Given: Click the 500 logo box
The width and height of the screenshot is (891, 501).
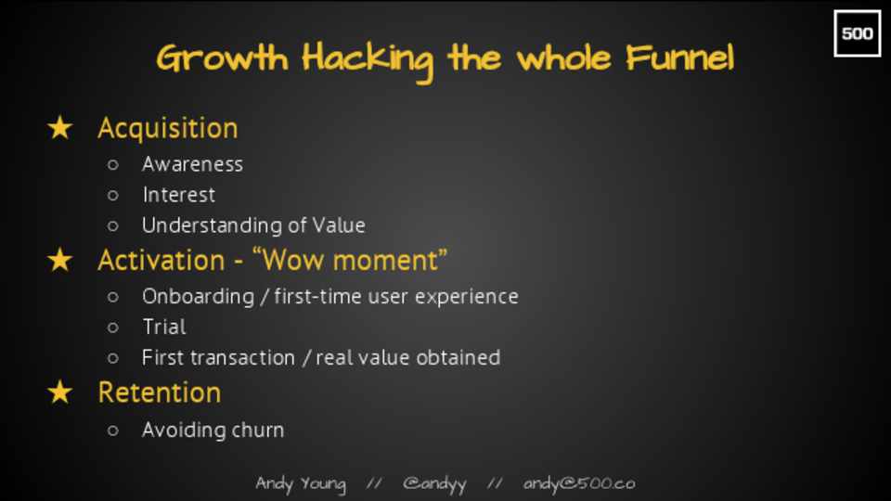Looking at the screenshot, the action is pos(857,33).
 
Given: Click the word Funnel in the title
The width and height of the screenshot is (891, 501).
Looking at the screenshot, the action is pos(679,58).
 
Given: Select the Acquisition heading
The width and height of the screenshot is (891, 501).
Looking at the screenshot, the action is pos(168,128).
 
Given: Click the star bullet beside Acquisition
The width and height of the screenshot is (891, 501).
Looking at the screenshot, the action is pos(60,128).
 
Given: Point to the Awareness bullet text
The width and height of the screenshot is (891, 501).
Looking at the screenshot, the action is pos(193,164).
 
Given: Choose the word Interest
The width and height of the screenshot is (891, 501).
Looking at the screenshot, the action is pos(179,195).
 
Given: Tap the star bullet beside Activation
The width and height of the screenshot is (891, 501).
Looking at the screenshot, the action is pos(60,260).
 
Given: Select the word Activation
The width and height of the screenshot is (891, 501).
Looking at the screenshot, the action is pos(161,261).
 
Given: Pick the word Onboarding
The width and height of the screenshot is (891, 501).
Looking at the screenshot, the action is pos(199,297).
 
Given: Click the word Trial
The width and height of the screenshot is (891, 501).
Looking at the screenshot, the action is pos(164,327).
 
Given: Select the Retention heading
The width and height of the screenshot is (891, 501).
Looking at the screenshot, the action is pos(159,393).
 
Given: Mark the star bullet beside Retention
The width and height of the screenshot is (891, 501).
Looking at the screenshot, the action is pos(60,392).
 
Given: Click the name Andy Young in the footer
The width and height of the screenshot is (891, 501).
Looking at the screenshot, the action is pos(301,484).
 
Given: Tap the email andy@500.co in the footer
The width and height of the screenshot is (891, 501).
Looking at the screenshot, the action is pos(579,483).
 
